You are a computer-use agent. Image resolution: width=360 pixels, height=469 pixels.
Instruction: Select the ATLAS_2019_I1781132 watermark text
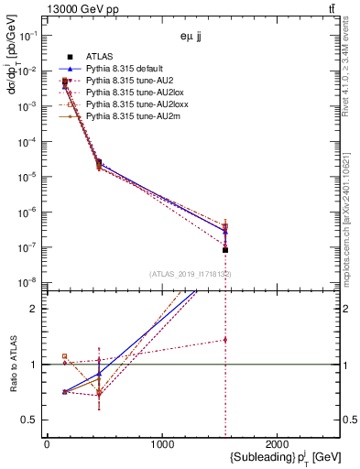(190, 274)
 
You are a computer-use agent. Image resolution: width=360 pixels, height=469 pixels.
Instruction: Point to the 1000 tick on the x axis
(163, 443)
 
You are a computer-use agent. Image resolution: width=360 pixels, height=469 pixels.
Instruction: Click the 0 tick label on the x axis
(47, 443)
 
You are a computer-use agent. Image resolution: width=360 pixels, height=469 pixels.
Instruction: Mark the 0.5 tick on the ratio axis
(29, 420)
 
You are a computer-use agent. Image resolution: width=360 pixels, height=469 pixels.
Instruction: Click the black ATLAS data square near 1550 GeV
(225, 250)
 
